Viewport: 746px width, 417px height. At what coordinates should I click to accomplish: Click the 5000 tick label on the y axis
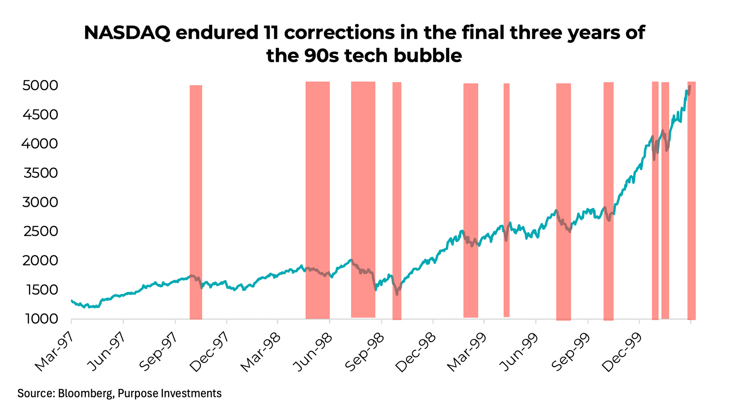(x=40, y=86)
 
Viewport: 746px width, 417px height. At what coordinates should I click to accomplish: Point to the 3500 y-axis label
(x=40, y=173)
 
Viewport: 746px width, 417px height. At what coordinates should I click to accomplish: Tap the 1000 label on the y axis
(x=40, y=319)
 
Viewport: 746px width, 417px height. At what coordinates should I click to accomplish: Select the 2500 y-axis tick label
(x=40, y=231)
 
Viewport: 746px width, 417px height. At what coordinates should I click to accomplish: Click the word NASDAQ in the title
(x=127, y=33)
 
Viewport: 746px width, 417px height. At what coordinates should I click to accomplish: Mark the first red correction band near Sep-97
(x=196, y=202)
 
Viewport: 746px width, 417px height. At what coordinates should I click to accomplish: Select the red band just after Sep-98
(x=396, y=202)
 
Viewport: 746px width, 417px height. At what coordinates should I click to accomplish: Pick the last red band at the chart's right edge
(x=691, y=202)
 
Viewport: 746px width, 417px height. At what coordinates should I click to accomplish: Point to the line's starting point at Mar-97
(x=72, y=300)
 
